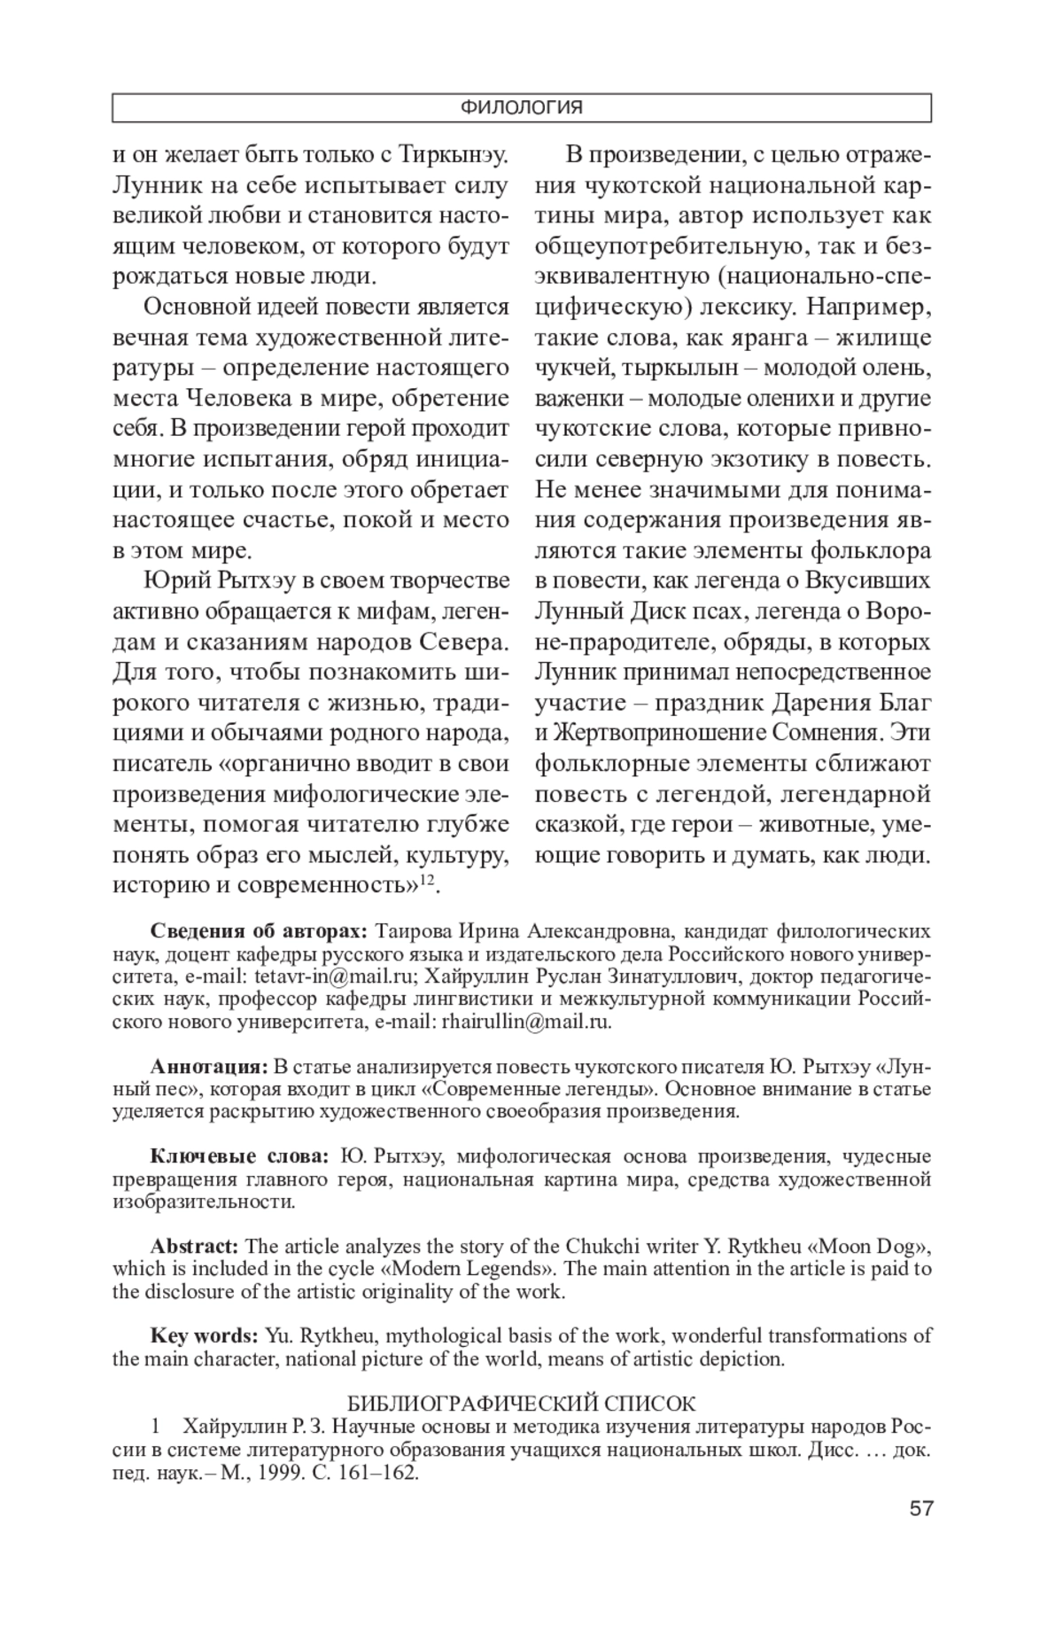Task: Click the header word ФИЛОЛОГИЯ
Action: point(521,108)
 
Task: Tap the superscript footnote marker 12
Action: point(426,878)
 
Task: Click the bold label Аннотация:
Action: point(209,1065)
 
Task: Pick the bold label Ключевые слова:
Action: point(239,1156)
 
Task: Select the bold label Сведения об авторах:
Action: point(258,931)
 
